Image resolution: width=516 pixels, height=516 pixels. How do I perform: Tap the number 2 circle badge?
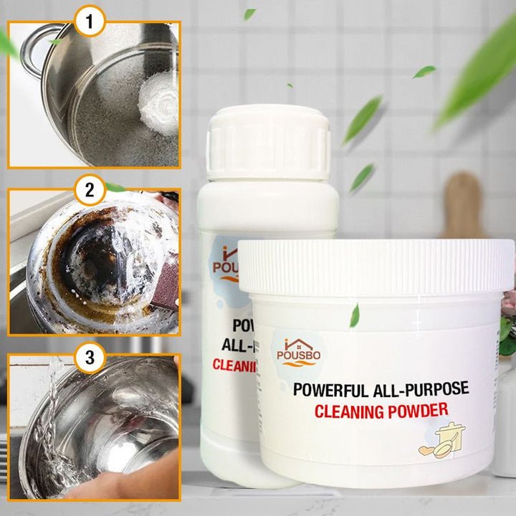click(x=90, y=191)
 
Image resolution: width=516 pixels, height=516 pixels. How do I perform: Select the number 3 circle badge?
click(x=90, y=357)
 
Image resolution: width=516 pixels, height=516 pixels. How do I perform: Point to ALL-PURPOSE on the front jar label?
click(x=426, y=389)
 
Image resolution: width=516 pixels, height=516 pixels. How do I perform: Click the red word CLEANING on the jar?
click(x=347, y=411)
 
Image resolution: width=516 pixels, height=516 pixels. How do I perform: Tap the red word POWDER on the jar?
click(x=423, y=410)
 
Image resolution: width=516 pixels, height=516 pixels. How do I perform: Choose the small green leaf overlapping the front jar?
click(x=354, y=315)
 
